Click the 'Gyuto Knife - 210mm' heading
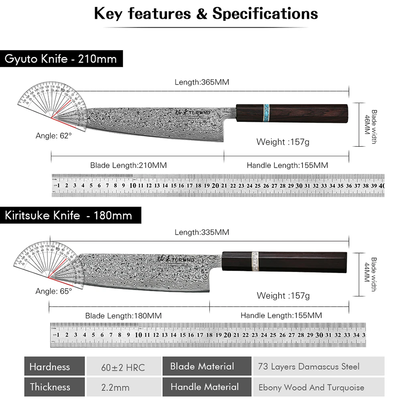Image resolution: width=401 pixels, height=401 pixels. point(61,59)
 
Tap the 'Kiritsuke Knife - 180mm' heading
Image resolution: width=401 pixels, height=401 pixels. point(68,215)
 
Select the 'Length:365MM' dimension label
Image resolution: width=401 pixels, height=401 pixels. point(202,82)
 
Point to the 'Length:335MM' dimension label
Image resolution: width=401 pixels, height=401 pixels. point(202,232)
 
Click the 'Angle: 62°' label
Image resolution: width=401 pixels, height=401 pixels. point(54,136)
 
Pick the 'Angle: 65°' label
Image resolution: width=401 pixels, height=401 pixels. point(54,292)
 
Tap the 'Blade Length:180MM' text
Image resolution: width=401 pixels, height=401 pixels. point(124,316)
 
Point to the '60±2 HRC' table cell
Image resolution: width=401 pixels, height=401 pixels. point(124,367)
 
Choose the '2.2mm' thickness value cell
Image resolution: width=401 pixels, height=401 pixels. point(115,387)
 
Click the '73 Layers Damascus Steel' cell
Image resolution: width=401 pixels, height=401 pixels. point(309,367)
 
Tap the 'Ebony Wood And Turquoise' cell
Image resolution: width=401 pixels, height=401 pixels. point(311,387)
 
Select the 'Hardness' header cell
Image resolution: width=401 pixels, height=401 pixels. point(49,367)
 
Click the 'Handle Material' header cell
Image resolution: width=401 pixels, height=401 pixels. point(205,387)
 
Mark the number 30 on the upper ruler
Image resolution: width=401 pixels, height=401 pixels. point(299,186)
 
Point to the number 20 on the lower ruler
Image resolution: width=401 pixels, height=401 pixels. point(227,334)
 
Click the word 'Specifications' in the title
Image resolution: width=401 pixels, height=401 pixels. point(265,14)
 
